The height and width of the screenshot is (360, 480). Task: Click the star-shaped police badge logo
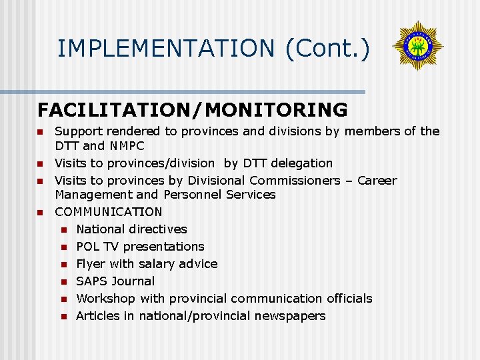tap(418, 46)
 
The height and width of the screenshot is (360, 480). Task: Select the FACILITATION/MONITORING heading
tap(193, 109)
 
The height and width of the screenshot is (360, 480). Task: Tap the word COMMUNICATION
tap(109, 211)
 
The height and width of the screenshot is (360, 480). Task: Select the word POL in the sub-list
tap(88, 246)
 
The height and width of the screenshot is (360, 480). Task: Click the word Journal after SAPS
tap(134, 281)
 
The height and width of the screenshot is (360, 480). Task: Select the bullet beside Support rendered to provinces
tap(40, 131)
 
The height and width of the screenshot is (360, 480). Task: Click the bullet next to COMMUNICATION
tap(40, 212)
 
